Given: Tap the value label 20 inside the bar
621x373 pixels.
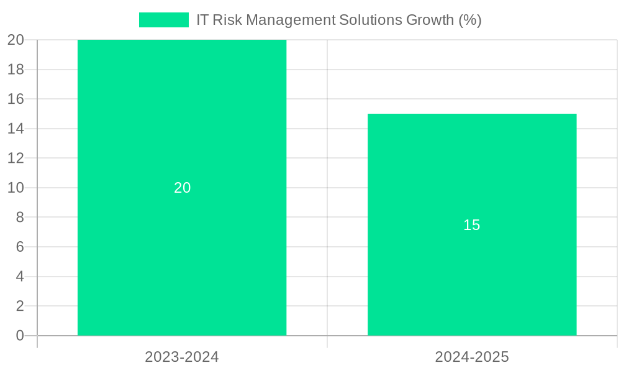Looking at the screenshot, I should click(x=182, y=188).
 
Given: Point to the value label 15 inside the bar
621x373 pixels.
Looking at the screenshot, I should click(x=472, y=225).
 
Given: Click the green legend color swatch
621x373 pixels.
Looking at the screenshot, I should click(x=163, y=20).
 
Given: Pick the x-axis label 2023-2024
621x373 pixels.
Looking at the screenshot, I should click(x=182, y=357).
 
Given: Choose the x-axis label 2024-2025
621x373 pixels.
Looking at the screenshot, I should click(x=472, y=357).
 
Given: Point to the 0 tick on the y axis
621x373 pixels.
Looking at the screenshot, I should click(x=20, y=336).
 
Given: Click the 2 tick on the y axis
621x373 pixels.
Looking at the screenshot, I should click(x=20, y=306).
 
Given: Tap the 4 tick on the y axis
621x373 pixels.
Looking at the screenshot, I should click(x=20, y=277).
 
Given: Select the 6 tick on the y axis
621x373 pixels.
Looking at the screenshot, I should click(x=20, y=247).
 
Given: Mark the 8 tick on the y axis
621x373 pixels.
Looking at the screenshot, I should click(x=20, y=217).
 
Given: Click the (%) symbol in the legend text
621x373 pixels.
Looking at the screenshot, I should click(x=469, y=20).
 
